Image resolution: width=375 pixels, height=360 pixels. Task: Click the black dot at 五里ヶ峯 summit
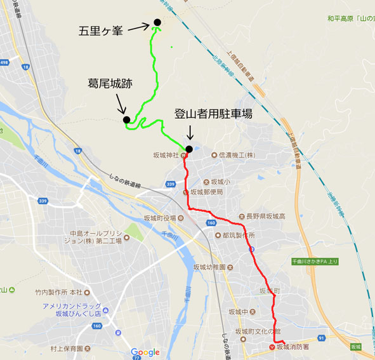157,23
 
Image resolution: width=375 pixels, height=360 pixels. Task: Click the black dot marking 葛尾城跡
126,119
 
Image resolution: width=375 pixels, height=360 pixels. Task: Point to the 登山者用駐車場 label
213,114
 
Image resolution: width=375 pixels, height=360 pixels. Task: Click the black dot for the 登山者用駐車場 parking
188,149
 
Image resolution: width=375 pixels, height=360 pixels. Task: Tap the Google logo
145,352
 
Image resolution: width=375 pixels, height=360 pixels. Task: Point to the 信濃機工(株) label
236,154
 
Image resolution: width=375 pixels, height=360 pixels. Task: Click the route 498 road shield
4,62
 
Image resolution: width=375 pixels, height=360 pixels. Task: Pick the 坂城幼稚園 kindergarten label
211,266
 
